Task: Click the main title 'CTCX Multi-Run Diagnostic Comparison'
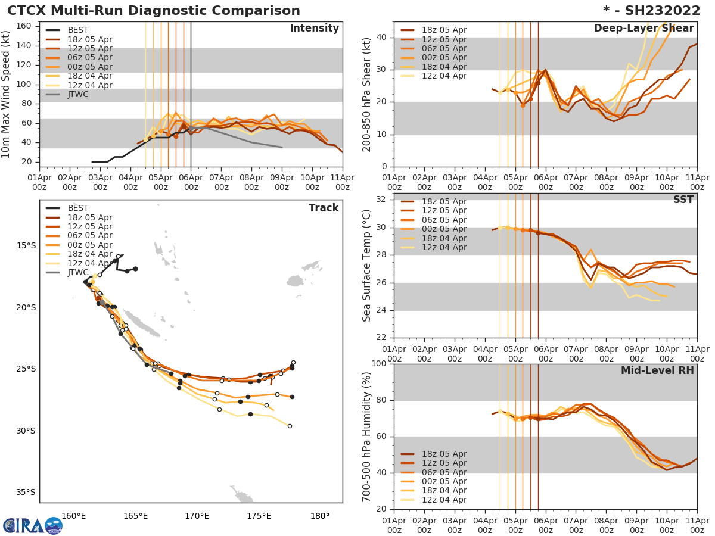(154, 11)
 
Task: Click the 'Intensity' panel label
(314, 29)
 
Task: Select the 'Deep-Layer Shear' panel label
(643, 29)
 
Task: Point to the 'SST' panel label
(683, 200)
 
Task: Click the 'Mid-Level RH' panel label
(657, 370)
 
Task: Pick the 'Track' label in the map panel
(324, 208)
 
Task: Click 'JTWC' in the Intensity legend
(78, 95)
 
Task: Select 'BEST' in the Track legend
(78, 208)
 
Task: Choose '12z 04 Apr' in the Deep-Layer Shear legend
(444, 76)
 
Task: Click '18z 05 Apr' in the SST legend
(444, 202)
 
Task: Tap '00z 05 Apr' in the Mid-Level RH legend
(444, 481)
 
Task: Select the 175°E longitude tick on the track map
(259, 516)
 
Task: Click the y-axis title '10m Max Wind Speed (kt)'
(7, 94)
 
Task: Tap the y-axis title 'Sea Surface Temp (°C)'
(368, 265)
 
